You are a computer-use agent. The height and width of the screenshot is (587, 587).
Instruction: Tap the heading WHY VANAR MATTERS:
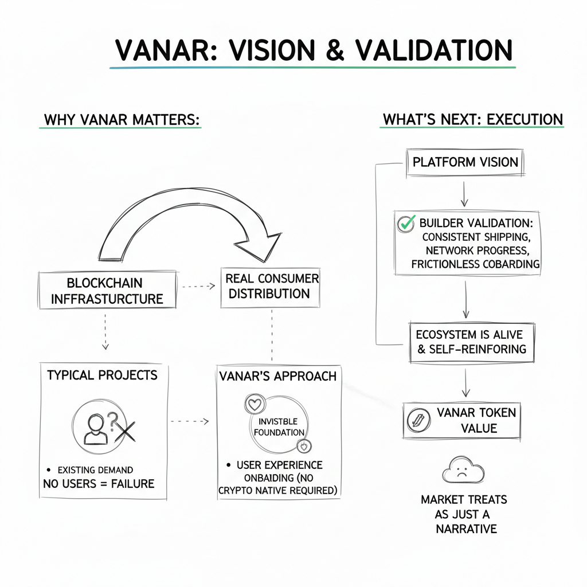pyautogui.click(x=122, y=120)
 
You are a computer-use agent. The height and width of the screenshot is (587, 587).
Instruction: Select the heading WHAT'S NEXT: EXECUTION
pyautogui.click(x=472, y=120)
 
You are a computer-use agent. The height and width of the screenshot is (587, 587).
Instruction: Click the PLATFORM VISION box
pyautogui.click(x=465, y=162)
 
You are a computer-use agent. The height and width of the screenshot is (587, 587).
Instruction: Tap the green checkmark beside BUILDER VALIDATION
pyautogui.click(x=406, y=223)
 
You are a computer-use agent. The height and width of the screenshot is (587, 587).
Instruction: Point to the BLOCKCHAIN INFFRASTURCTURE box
pyautogui.click(x=107, y=291)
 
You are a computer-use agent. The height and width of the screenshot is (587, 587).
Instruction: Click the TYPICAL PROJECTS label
pyautogui.click(x=102, y=375)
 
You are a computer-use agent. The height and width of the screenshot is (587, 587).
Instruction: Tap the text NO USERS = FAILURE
pyautogui.click(x=99, y=484)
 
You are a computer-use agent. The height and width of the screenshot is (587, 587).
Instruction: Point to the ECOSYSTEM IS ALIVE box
pyautogui.click(x=471, y=341)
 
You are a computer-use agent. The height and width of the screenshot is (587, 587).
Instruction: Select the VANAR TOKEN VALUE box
pyautogui.click(x=462, y=420)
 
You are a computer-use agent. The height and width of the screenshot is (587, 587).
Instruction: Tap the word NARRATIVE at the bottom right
pyautogui.click(x=466, y=529)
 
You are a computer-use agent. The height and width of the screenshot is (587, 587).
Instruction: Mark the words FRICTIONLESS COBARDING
pyautogui.click(x=475, y=264)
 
